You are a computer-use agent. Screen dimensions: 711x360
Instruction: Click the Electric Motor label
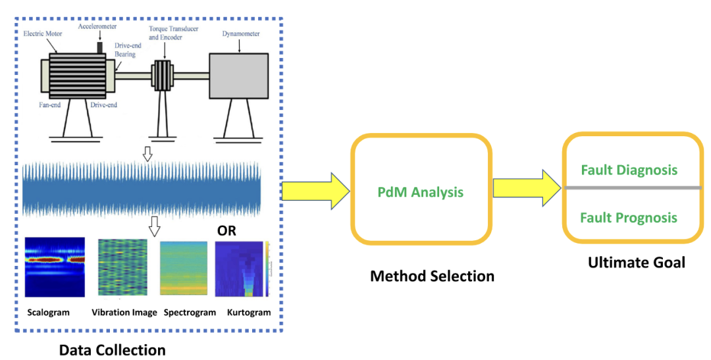tap(43, 34)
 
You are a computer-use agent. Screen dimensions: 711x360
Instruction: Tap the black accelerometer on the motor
tap(100, 47)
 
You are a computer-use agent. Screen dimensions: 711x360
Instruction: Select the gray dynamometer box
tap(238, 76)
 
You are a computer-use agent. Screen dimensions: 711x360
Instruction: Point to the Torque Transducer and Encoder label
tap(173, 33)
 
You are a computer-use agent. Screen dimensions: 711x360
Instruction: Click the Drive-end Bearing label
tap(128, 50)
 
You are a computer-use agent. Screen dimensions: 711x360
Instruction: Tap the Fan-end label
tap(50, 105)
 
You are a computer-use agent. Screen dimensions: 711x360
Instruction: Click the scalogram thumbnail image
tap(55, 267)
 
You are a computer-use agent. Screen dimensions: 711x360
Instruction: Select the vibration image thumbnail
tap(123, 267)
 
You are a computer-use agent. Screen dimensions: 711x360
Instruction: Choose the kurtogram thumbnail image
tap(242, 269)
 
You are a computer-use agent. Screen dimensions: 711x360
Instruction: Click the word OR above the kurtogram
tap(226, 231)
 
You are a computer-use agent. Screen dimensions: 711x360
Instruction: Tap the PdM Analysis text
tap(420, 192)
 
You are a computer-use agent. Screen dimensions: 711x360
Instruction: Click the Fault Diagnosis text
tap(629, 170)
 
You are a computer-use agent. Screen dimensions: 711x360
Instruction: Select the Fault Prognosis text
tap(629, 218)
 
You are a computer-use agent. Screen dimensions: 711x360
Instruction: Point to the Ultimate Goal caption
tap(637, 262)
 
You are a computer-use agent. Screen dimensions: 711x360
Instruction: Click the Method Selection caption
tap(432, 276)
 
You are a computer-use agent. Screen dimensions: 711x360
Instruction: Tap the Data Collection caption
tap(113, 350)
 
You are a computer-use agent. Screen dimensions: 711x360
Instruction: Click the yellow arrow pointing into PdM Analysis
tap(316, 191)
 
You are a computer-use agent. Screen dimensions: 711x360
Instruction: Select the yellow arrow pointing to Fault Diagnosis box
tap(527, 188)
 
